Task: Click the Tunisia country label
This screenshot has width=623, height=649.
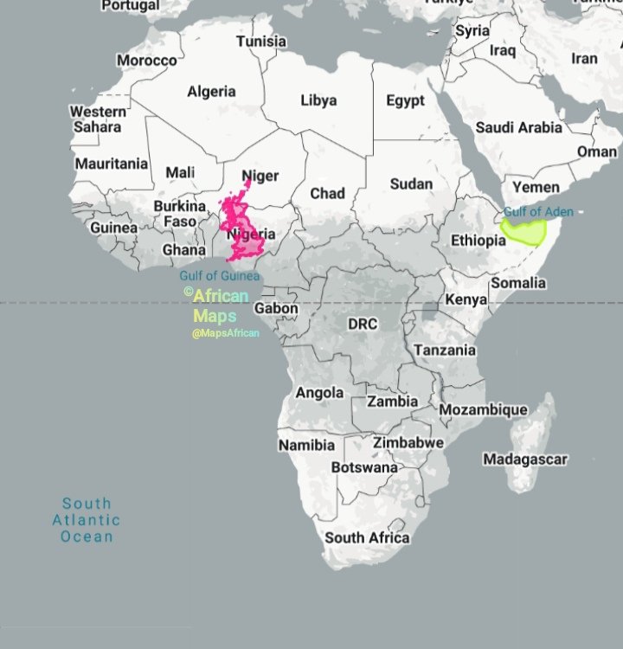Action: click(260, 41)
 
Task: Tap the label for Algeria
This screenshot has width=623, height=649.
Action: click(211, 91)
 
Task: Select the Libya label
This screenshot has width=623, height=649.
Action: click(318, 100)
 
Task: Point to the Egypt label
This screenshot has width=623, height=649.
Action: click(405, 100)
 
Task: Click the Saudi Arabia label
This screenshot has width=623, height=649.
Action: click(519, 127)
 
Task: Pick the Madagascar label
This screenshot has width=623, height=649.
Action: click(524, 459)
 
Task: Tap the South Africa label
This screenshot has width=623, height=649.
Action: click(367, 537)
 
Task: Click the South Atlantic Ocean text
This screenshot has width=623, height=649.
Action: click(87, 519)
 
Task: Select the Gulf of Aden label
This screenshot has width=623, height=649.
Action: click(538, 212)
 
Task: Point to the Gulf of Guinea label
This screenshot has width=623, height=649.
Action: click(219, 276)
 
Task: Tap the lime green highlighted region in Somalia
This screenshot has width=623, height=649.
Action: click(526, 230)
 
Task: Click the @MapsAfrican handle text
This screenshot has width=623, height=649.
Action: click(226, 333)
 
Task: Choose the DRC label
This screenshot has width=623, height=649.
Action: click(363, 324)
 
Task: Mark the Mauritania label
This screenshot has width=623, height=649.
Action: click(111, 163)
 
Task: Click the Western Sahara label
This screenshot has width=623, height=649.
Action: click(97, 119)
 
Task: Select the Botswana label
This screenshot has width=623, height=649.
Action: click(364, 467)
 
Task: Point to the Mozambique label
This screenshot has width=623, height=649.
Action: click(483, 409)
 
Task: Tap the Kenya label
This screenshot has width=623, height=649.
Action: click(459, 300)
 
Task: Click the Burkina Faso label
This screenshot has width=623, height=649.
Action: click(180, 214)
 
